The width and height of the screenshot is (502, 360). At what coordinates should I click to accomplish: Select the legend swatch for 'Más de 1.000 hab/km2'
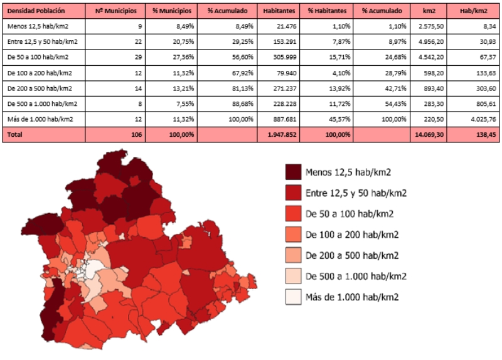point(292,297)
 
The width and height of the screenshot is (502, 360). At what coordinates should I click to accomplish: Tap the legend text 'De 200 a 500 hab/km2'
point(351,255)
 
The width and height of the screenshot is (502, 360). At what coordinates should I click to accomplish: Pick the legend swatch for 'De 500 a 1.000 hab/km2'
point(292,276)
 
